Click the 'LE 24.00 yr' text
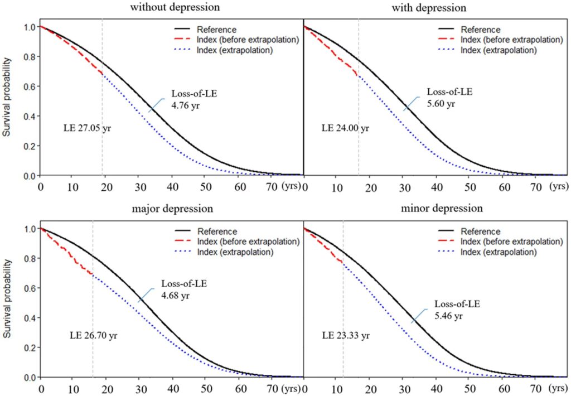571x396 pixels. (345, 128)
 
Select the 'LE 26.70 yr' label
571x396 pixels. (93, 336)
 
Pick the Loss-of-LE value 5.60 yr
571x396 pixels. (442, 103)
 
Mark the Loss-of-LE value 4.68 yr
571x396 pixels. (175, 296)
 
